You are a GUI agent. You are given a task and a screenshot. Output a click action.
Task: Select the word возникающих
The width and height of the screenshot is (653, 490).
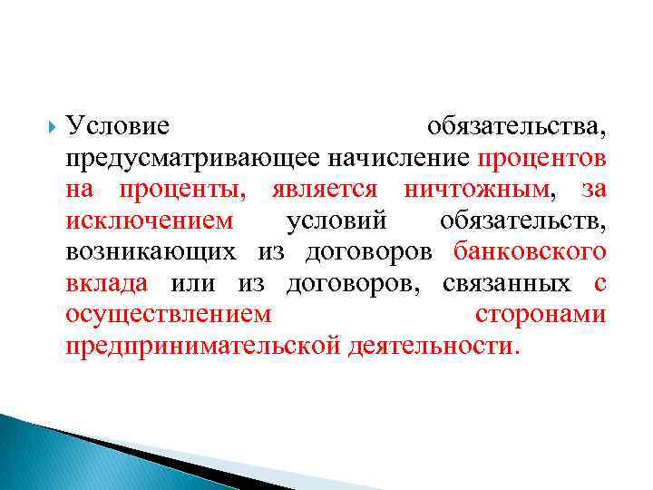[151, 252]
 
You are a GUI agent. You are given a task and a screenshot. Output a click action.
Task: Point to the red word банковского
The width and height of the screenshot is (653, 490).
[530, 252]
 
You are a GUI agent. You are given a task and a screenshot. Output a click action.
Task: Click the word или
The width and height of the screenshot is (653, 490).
[192, 284]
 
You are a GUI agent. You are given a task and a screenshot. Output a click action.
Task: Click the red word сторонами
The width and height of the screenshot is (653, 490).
[541, 315]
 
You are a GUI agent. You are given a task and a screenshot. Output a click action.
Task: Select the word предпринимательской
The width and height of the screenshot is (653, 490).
[203, 346]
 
